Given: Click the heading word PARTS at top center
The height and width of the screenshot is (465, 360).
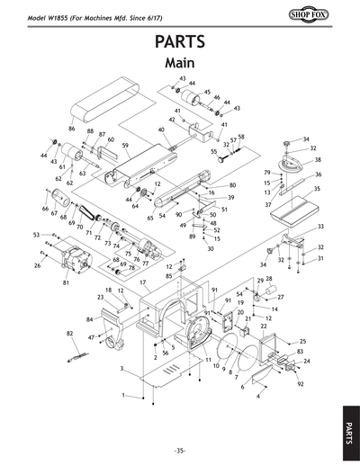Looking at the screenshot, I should pyautogui.click(x=179, y=42).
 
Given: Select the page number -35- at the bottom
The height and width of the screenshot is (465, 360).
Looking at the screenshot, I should pyautogui.click(x=179, y=449).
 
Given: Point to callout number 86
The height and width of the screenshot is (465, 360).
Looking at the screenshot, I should pyautogui.click(x=72, y=129).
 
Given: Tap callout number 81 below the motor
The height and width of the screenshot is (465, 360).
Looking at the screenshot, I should pyautogui.click(x=66, y=282).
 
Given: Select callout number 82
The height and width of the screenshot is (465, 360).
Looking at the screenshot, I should pyautogui.click(x=69, y=333).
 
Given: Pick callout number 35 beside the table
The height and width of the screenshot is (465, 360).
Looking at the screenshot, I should pyautogui.click(x=316, y=189).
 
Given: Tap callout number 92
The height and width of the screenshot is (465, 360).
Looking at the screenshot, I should pyautogui.click(x=300, y=383).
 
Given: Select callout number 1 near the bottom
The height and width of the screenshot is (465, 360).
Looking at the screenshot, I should pyautogui.click(x=123, y=395).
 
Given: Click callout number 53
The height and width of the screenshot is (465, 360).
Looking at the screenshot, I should pyautogui.click(x=37, y=234).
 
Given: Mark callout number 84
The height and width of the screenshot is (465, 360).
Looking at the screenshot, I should pyautogui.click(x=90, y=319).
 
